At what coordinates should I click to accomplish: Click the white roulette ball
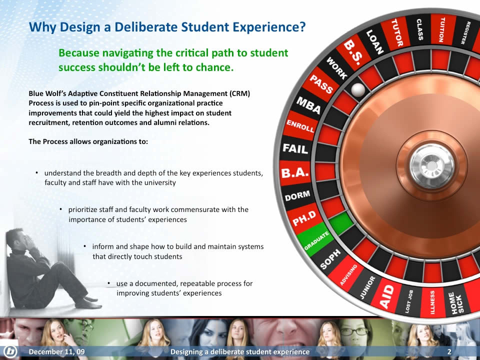click(358, 89)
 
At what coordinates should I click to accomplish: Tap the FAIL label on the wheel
click(295, 149)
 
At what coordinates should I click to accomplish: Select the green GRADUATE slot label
click(316, 240)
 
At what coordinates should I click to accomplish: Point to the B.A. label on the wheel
click(295, 173)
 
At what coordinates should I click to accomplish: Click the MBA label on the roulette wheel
click(308, 105)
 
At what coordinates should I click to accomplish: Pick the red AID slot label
click(386, 296)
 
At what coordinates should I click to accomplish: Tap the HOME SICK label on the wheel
click(456, 303)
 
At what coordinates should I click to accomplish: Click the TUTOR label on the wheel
click(397, 32)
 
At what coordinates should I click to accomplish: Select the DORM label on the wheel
click(297, 195)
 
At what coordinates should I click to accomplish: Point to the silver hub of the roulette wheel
click(431, 165)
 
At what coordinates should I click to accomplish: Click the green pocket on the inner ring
click(341, 222)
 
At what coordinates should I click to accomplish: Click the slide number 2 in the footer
click(449, 351)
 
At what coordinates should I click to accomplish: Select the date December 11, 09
click(56, 351)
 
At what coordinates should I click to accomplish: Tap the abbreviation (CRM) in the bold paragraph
click(240, 93)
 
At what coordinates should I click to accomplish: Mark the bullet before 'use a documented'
click(108, 283)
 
